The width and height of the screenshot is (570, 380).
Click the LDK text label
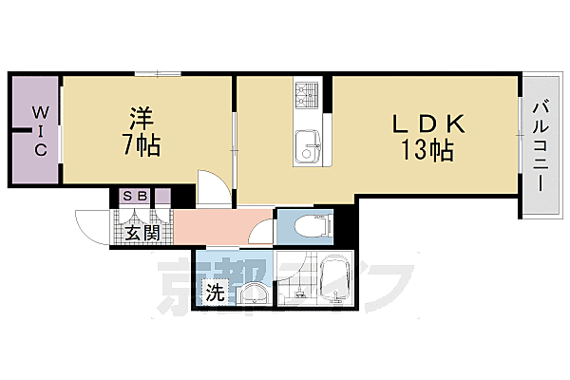click(427, 123)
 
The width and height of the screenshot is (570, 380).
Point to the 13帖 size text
click(427, 149)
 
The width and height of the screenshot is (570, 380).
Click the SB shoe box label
click(134, 197)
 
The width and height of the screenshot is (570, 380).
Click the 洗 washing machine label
click(216, 293)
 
